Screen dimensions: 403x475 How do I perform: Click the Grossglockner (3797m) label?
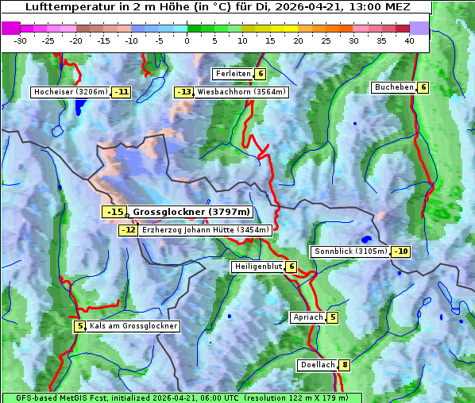pyautogui.click(x=191, y=212)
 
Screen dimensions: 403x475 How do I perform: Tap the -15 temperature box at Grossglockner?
pyautogui.click(x=115, y=212)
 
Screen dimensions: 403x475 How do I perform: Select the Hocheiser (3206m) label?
pyautogui.click(x=71, y=92)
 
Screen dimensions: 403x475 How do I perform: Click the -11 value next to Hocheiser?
pyautogui.click(x=121, y=92)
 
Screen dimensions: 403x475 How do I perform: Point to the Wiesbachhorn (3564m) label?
pyautogui.click(x=241, y=92)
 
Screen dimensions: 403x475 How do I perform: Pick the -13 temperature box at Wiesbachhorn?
pyautogui.click(x=184, y=92)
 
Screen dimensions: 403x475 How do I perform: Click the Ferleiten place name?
pyautogui.click(x=233, y=74)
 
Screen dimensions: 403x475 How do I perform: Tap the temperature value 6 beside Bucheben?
pyautogui.click(x=423, y=87)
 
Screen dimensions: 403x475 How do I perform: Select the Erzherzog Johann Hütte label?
pyautogui.click(x=206, y=230)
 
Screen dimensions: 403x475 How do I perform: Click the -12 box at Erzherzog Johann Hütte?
pyautogui.click(x=128, y=230)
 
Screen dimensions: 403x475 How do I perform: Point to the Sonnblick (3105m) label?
pyautogui.click(x=350, y=251)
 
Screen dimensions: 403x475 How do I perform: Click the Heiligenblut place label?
pyautogui.click(x=257, y=267)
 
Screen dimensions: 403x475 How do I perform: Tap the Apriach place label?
pyautogui.click(x=307, y=317)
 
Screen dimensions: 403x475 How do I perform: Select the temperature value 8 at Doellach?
pyautogui.click(x=344, y=365)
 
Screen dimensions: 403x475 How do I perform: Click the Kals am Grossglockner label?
pyautogui.click(x=133, y=326)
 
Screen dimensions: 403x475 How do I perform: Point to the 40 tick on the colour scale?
pyautogui.click(x=409, y=40)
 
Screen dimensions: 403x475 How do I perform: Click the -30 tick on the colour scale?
pyautogui.click(x=21, y=40)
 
